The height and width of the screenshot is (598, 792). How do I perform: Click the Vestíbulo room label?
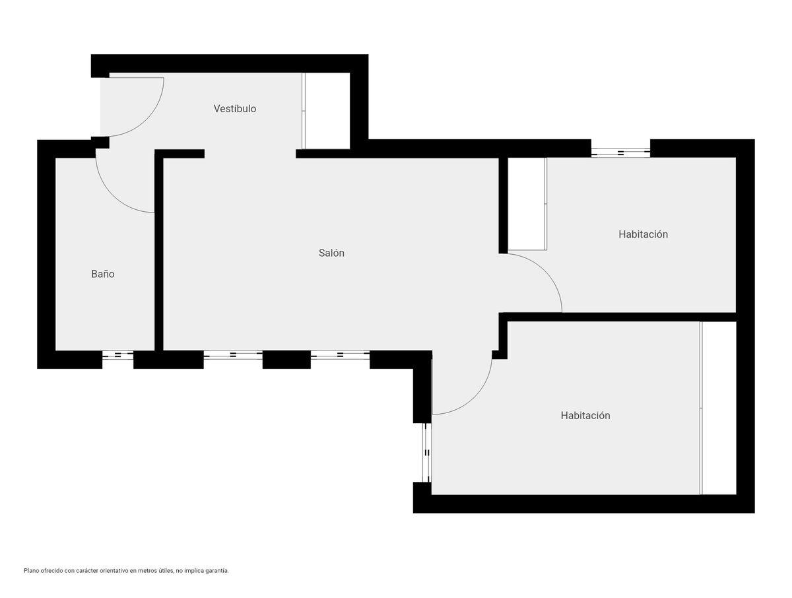click(x=234, y=108)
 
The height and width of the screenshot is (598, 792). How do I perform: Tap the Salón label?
click(x=331, y=253)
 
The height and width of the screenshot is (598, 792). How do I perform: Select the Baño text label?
click(x=103, y=274)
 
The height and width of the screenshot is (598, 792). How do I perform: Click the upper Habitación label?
click(x=643, y=234)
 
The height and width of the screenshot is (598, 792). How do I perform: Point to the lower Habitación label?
click(x=585, y=415)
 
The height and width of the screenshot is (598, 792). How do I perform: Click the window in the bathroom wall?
click(x=118, y=355)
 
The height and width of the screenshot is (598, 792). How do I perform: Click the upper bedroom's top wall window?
click(x=620, y=152)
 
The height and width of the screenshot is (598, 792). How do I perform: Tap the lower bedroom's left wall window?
click(x=427, y=452)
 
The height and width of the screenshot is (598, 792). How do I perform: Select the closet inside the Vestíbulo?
click(x=326, y=111)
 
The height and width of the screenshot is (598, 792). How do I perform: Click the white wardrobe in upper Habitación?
click(x=527, y=204)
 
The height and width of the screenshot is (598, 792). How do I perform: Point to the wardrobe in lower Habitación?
click(x=717, y=408)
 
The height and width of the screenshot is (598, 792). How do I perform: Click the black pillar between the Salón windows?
click(x=286, y=359)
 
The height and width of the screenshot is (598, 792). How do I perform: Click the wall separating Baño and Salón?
click(x=159, y=250)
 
